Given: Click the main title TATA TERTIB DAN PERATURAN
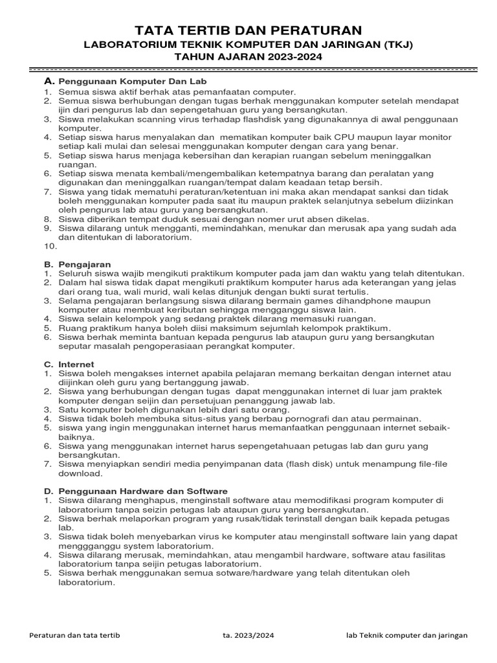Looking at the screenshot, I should [x=248, y=30].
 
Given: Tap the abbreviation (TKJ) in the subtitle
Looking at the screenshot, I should [x=395, y=45].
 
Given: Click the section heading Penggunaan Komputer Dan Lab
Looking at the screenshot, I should [x=133, y=82].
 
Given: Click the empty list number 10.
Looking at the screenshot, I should [x=50, y=246].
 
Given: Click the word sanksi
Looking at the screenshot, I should [x=399, y=192].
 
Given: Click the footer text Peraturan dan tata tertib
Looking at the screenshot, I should [x=74, y=636].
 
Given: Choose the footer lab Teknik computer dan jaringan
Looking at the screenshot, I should [x=406, y=636].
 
